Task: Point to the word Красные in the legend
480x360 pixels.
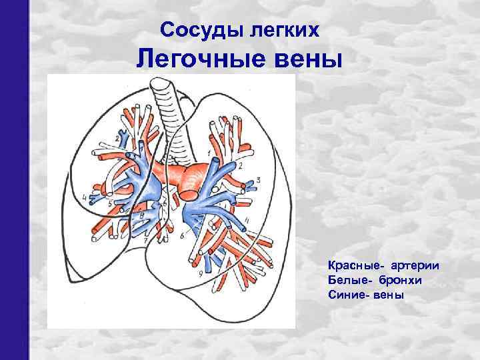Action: [x=353, y=267]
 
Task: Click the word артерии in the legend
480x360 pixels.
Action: [x=415, y=267]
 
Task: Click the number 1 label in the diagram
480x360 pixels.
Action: [x=209, y=154]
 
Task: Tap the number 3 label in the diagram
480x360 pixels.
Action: [x=258, y=180]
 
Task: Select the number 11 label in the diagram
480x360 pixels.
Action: [x=247, y=220]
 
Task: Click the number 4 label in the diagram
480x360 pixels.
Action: [x=84, y=197]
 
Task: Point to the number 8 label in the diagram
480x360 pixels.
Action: [x=142, y=215]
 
